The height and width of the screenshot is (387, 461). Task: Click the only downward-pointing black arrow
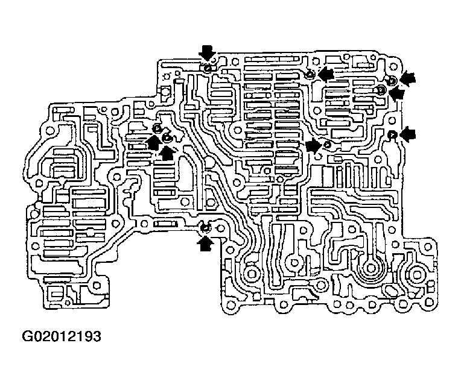(208, 52)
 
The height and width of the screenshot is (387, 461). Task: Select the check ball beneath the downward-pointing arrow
(208, 68)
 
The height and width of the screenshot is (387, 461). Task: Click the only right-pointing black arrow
(313, 146)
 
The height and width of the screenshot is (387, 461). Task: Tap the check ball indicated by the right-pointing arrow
(327, 145)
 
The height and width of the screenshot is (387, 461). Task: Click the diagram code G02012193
(62, 336)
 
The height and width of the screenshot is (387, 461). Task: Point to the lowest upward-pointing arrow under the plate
(206, 242)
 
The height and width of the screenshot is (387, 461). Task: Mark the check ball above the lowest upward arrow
(205, 228)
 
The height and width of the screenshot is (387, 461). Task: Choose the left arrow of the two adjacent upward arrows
(154, 142)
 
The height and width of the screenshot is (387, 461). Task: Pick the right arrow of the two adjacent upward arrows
(167, 152)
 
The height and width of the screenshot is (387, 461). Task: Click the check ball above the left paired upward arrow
(157, 128)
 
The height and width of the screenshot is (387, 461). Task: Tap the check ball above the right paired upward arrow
(167, 137)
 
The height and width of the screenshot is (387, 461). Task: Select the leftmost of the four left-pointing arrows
(326, 74)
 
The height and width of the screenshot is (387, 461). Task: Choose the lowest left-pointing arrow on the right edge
(408, 134)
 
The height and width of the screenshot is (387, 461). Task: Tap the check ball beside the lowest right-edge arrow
(392, 134)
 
